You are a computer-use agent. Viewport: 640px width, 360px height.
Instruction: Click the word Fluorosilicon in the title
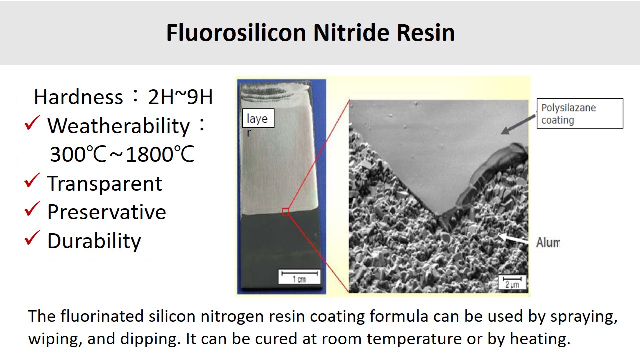tap(236, 33)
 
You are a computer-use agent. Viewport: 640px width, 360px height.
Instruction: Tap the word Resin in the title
tap(425, 33)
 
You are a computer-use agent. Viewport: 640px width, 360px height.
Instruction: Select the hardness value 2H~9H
tap(180, 97)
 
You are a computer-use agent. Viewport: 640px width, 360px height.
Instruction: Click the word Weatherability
tap(118, 126)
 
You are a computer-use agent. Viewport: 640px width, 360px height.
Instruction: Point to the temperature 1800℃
tap(160, 154)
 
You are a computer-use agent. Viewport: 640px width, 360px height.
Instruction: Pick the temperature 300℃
tap(78, 154)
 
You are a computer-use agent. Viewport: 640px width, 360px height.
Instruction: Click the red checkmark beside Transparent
tap(32, 180)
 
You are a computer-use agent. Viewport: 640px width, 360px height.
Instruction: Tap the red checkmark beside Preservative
tap(32, 209)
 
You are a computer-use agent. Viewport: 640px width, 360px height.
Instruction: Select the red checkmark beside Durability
tap(32, 238)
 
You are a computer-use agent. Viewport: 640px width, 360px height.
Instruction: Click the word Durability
tap(94, 241)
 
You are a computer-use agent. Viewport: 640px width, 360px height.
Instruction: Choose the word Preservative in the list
tap(107, 212)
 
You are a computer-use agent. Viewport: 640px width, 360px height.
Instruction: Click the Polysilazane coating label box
tap(580, 113)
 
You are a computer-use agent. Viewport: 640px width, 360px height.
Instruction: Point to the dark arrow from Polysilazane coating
tap(518, 125)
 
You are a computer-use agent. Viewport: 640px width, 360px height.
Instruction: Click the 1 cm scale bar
tap(299, 273)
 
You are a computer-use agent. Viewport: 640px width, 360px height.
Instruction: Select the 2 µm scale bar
tap(512, 279)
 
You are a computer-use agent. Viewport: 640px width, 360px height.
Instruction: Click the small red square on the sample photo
tap(285, 212)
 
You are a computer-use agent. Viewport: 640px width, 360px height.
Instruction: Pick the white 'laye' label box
tap(258, 118)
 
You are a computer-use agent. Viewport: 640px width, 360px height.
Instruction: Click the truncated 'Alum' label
tap(548, 243)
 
